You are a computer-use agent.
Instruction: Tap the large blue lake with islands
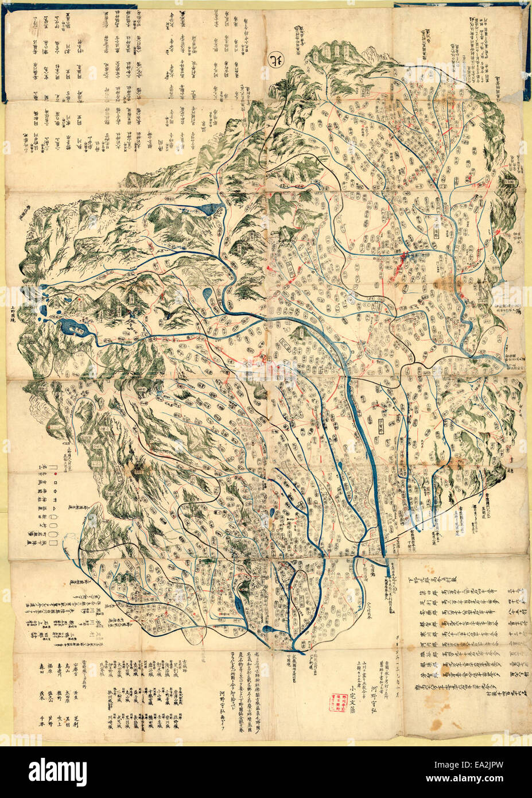tap(73, 328)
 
